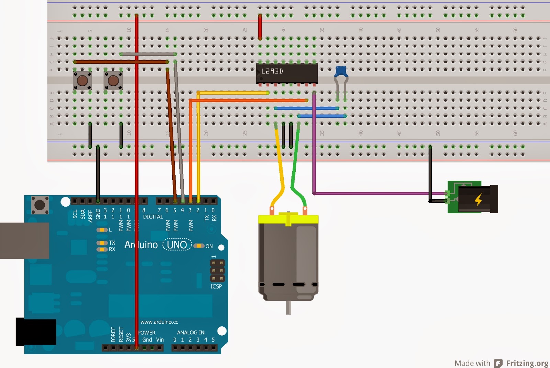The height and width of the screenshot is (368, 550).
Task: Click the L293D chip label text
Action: (272, 71)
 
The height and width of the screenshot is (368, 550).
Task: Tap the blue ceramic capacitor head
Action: (341, 72)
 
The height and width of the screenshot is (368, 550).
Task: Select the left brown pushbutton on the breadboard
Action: (82, 81)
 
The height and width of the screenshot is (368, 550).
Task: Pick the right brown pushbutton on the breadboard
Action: (113, 81)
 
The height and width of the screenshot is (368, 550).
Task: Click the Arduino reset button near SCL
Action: (40, 205)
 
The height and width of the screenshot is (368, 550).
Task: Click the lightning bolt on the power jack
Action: (478, 199)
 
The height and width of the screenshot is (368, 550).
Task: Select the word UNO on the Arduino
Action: (177, 245)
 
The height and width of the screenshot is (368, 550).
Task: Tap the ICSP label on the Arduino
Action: (216, 286)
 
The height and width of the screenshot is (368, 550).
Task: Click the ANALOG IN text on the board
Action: (190, 332)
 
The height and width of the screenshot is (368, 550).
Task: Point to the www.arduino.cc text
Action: (159, 322)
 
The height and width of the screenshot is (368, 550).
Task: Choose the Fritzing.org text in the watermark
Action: (527, 363)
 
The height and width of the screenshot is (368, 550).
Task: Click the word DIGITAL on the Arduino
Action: (153, 217)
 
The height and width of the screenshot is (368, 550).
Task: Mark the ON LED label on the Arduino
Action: (209, 246)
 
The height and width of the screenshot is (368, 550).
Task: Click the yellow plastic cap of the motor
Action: (288, 219)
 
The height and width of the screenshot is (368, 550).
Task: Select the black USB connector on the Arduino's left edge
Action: (24, 240)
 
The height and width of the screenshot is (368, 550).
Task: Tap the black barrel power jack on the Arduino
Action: (36, 332)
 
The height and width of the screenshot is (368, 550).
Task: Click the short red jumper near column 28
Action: (260, 27)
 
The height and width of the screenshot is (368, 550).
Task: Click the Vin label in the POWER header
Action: (160, 339)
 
